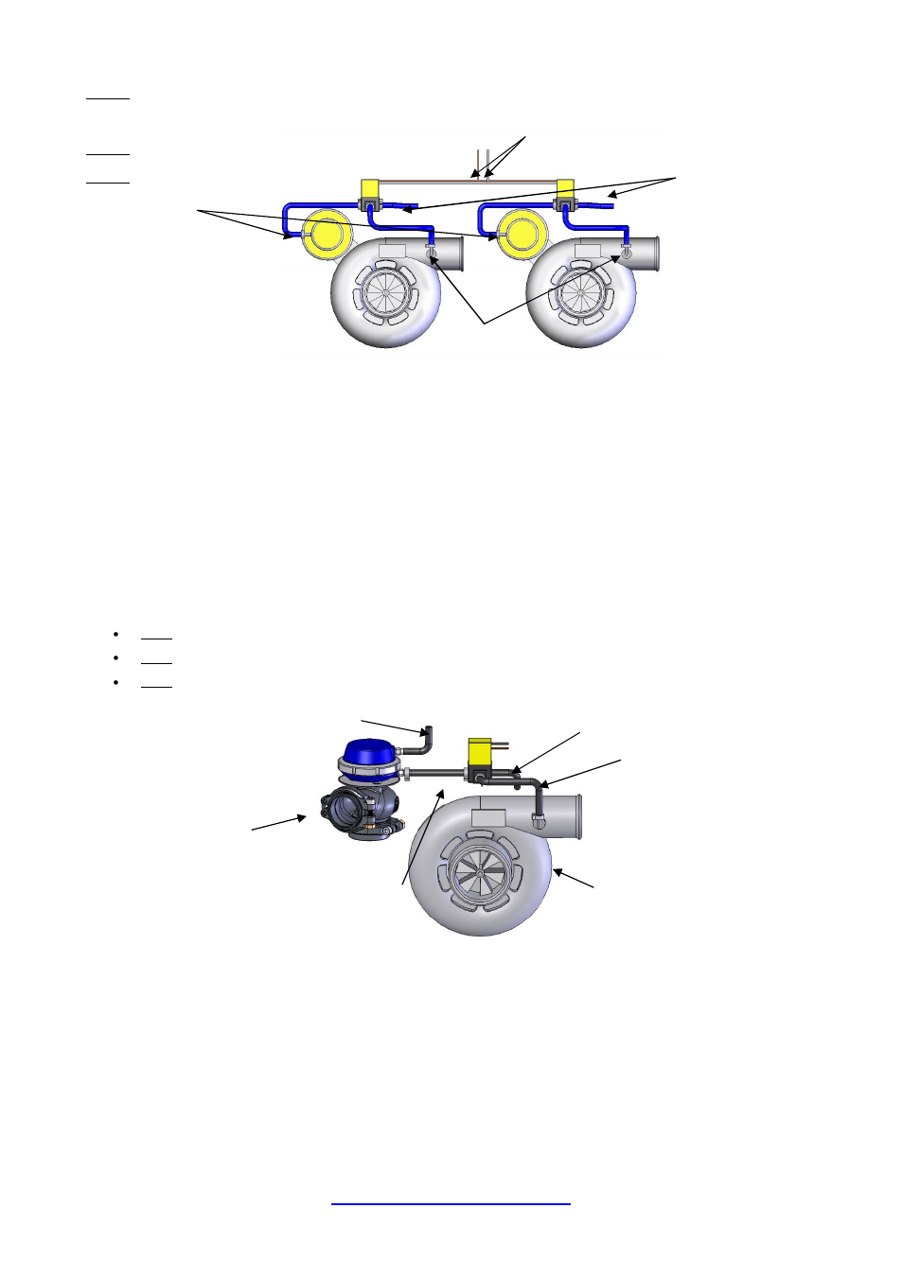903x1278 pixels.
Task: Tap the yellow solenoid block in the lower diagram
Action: coord(482,754)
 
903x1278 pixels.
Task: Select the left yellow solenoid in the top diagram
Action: coord(370,188)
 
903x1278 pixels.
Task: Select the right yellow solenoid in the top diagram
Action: coord(565,188)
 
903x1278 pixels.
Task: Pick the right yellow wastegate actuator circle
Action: coord(521,235)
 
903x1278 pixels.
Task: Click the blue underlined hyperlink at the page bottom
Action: coord(451,1203)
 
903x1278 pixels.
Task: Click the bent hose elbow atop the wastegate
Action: coord(427,738)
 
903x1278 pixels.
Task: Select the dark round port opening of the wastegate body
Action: coord(345,812)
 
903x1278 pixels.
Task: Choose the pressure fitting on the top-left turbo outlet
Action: coord(432,254)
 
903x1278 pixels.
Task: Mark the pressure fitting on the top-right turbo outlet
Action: coord(626,254)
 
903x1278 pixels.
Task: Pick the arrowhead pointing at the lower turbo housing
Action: coord(556,871)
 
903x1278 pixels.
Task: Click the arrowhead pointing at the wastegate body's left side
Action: coord(304,816)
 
